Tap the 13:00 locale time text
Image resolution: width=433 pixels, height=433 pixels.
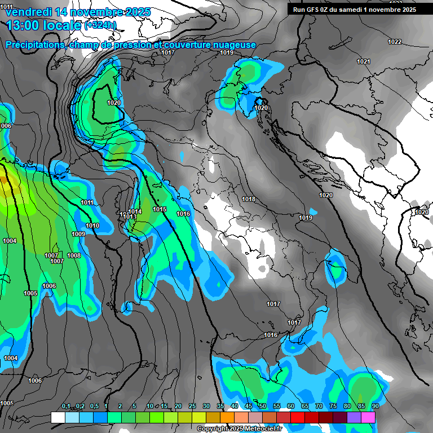[43, 25]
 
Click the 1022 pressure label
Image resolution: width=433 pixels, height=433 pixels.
[395, 42]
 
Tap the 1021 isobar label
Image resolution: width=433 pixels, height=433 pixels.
[364, 62]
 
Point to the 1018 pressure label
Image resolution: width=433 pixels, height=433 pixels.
[249, 200]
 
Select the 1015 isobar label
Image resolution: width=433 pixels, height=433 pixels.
[160, 210]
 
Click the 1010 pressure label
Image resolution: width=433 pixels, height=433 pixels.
[93, 226]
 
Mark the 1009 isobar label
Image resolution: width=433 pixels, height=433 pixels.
[78, 235]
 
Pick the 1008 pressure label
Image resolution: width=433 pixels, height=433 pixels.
[74, 256]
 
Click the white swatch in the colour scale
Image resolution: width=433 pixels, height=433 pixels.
[58, 417]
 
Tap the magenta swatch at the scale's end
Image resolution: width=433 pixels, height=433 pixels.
[368, 417]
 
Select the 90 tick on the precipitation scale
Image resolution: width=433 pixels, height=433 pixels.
[375, 407]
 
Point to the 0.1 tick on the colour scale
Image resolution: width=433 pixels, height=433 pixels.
[65, 407]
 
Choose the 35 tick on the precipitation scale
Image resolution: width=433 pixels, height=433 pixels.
[220, 407]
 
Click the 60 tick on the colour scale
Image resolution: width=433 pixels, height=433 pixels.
[291, 407]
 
